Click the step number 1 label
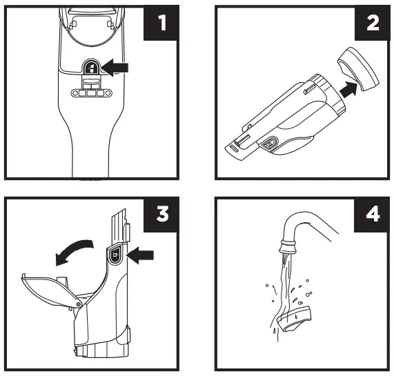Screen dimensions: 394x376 pos(162,23)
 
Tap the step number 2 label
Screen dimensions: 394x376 pos(373,23)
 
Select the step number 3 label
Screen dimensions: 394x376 pos(162,214)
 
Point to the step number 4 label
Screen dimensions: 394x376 pos(373,214)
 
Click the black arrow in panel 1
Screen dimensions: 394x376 pos(115,68)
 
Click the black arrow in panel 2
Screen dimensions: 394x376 pos(348,90)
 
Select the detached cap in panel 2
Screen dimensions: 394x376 pos(358,69)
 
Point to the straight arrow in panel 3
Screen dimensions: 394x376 pos(140,255)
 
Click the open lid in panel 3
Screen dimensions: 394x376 pos(51,291)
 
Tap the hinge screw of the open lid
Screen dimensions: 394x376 pos(78,304)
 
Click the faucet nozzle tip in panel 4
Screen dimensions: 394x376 pos(288,246)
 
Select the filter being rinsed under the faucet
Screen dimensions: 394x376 pos(294,319)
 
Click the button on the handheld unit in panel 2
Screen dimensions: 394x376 pos(270,144)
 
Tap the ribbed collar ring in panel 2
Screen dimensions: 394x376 pos(328,93)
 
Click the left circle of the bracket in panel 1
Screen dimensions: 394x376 pos(75,93)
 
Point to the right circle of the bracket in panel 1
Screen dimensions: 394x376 pos(108,93)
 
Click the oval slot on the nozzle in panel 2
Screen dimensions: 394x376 pos(234,149)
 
